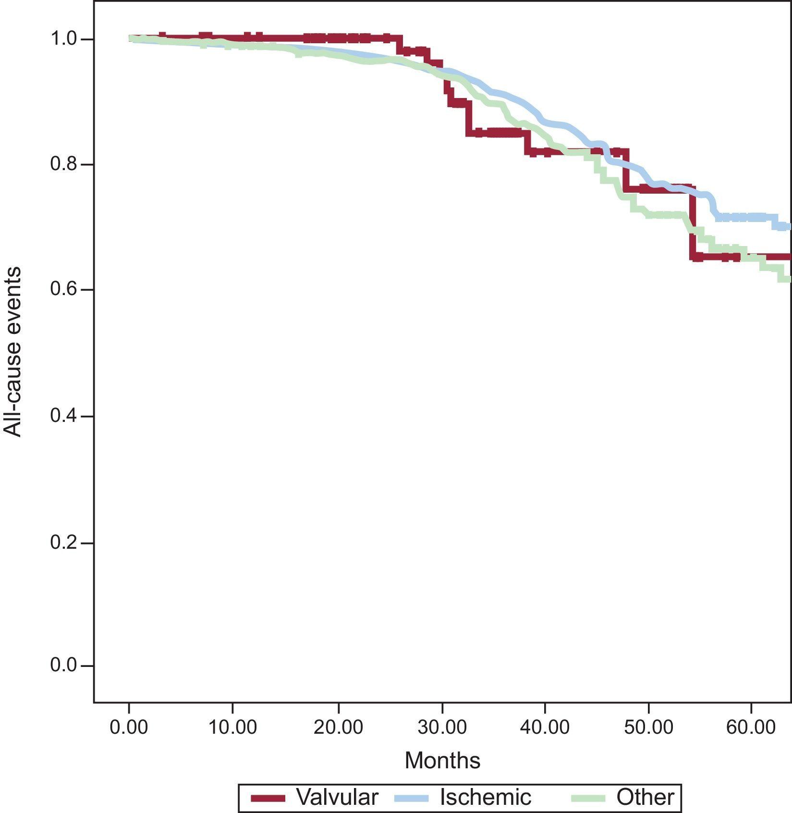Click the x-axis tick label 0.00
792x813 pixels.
click(128, 727)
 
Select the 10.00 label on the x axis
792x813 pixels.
click(232, 727)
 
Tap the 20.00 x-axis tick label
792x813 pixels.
click(338, 727)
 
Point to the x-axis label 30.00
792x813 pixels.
click(442, 727)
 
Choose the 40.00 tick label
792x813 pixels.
click(545, 727)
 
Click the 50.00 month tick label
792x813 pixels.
click(648, 727)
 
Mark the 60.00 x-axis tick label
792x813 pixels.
click(751, 727)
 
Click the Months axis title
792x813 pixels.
click(442, 761)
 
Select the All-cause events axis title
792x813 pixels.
click(13, 352)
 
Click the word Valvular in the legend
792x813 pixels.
click(337, 797)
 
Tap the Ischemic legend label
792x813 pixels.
click(486, 797)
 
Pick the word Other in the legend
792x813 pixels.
click(645, 797)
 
